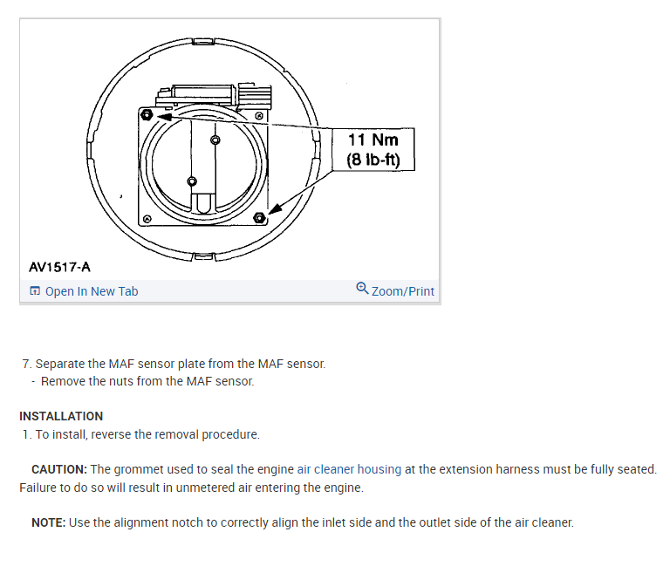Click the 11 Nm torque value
(373, 140)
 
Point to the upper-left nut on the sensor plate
(146, 114)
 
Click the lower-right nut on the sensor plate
(258, 216)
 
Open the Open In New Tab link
(92, 291)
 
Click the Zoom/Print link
(403, 291)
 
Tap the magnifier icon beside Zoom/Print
(362, 289)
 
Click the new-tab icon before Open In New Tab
(35, 291)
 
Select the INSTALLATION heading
(61, 416)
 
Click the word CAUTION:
(59, 469)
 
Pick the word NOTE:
(49, 522)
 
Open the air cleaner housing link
(349, 469)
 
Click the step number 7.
(26, 364)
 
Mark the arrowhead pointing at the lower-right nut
(273, 209)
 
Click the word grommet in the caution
(142, 469)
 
